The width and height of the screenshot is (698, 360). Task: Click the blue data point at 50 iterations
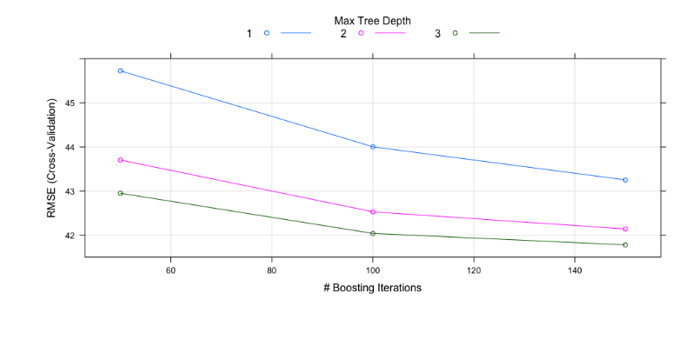tap(120, 70)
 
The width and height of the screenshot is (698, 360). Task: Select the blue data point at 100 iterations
tap(373, 147)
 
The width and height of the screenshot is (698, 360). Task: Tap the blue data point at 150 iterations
tap(625, 180)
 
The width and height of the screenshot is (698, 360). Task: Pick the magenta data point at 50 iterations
tap(120, 160)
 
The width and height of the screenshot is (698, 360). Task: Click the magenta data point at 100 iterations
tap(373, 211)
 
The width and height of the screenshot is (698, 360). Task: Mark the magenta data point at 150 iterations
tap(625, 229)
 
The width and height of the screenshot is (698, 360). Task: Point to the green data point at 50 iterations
tap(120, 193)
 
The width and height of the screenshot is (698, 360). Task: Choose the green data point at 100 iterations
tap(373, 233)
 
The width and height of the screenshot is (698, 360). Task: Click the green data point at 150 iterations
tap(625, 244)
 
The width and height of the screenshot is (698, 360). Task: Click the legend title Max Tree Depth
tap(373, 21)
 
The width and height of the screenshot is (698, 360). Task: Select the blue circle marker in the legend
tap(267, 33)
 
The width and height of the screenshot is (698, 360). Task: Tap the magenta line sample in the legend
tap(390, 33)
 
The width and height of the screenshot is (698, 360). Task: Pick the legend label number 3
tap(437, 33)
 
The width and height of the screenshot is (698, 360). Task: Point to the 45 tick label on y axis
tap(70, 103)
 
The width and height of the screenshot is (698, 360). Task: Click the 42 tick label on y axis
tap(70, 236)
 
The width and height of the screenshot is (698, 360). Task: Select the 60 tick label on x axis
tap(170, 270)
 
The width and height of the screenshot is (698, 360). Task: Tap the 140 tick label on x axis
tap(575, 270)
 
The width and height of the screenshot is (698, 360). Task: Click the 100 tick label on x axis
tap(373, 270)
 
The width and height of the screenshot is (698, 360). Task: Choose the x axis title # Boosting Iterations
tap(373, 288)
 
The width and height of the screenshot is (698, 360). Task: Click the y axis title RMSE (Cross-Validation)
tap(51, 158)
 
